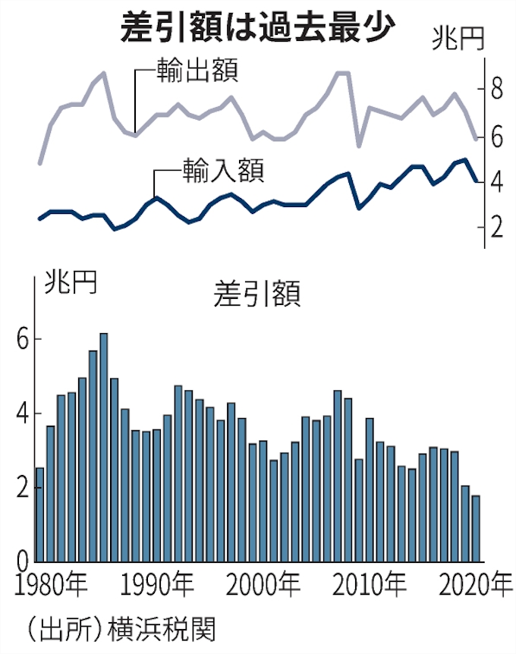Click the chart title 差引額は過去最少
coord(258,29)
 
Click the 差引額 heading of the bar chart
coord(258,293)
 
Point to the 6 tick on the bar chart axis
coord(22,339)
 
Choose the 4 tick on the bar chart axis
coord(22,413)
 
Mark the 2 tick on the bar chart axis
coord(22,488)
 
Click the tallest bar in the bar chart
coord(104,448)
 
